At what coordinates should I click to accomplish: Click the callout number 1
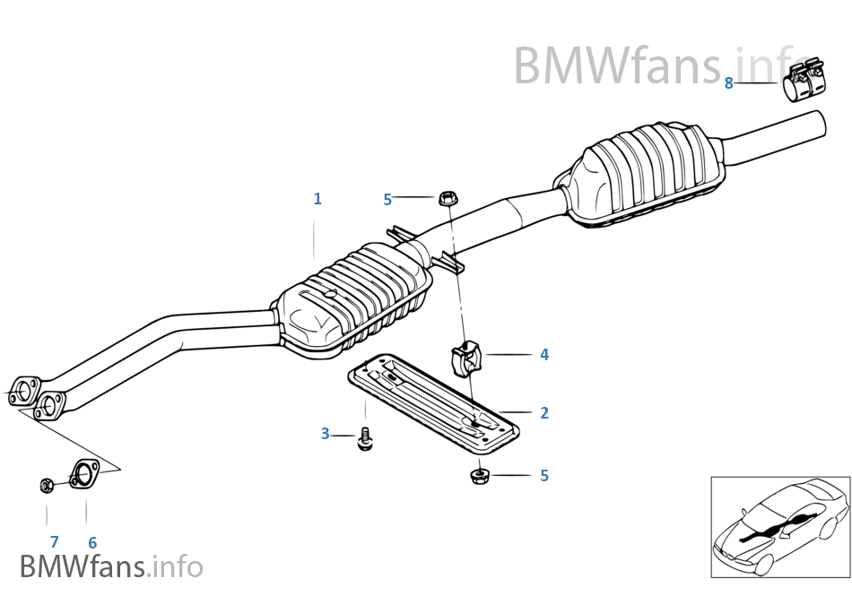click(x=317, y=199)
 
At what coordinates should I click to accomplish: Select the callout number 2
click(x=544, y=413)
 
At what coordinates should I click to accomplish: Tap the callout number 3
click(x=326, y=435)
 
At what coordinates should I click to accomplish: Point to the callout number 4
click(x=544, y=355)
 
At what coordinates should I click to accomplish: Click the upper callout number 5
click(x=387, y=200)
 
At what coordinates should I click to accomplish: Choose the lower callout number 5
click(x=544, y=476)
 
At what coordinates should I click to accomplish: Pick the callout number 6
click(x=91, y=542)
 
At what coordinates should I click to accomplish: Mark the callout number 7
click(x=54, y=541)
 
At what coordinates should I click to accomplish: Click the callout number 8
click(x=729, y=83)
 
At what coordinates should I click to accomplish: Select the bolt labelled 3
click(x=364, y=439)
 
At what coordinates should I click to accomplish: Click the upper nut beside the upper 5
click(x=446, y=197)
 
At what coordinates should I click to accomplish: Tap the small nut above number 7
click(x=46, y=486)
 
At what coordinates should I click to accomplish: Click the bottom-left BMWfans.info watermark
click(x=111, y=566)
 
